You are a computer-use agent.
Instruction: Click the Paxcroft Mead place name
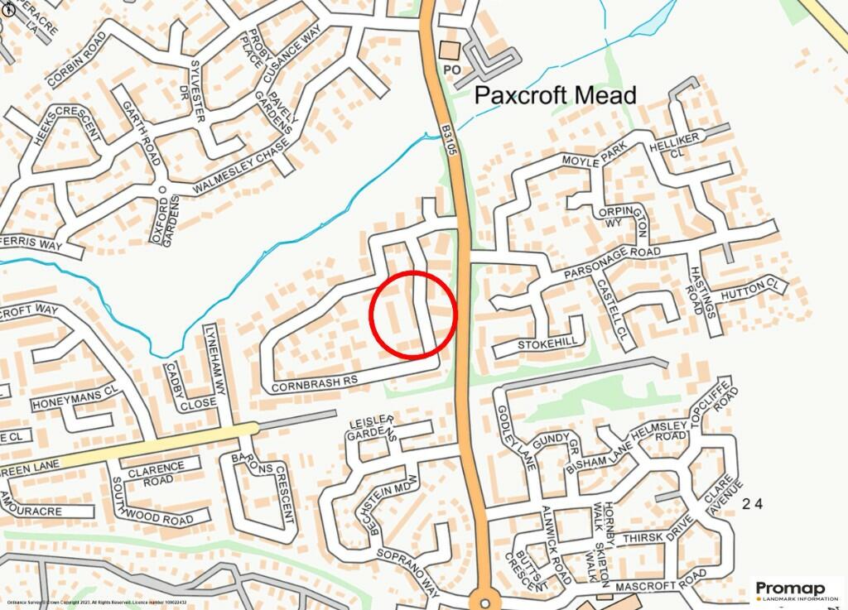(x=556, y=96)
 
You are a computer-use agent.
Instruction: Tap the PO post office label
(x=452, y=70)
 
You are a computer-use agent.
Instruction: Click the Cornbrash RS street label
(x=314, y=383)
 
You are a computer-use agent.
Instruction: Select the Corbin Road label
(x=79, y=60)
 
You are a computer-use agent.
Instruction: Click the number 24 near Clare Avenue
(x=751, y=503)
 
